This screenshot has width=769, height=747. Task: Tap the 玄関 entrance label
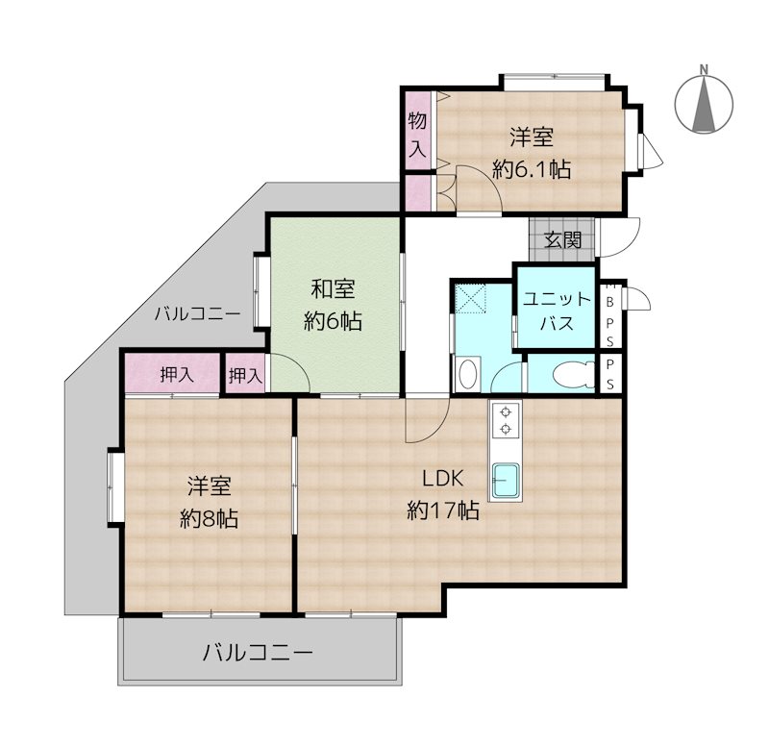pyautogui.click(x=562, y=239)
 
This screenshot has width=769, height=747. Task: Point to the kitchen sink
pyautogui.click(x=506, y=480)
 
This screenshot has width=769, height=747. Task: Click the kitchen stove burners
pyautogui.click(x=506, y=421)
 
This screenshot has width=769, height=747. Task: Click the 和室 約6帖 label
pyautogui.click(x=333, y=304)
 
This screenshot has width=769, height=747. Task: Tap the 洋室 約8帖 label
pyautogui.click(x=210, y=502)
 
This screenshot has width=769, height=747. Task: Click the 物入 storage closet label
pyautogui.click(x=417, y=135)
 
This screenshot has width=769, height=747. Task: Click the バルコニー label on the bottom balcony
pyautogui.click(x=258, y=654)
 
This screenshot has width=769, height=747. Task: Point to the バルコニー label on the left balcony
pyautogui.click(x=197, y=312)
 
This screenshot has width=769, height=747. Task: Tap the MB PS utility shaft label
pyautogui.click(x=610, y=313)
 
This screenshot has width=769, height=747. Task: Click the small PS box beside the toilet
pyautogui.click(x=610, y=373)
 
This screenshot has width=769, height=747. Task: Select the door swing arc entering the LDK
pyautogui.click(x=423, y=423)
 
